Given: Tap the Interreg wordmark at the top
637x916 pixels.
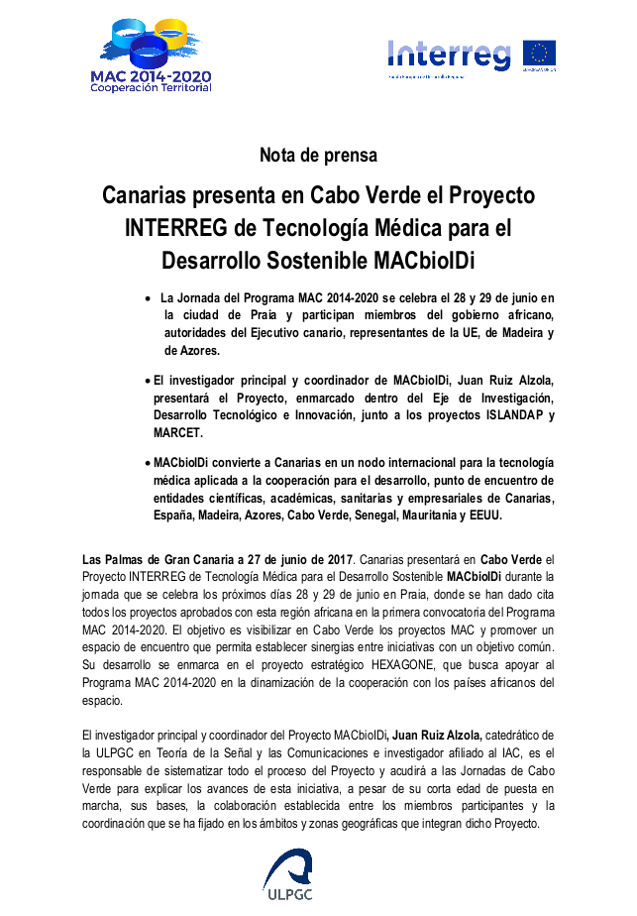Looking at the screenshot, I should (449, 54).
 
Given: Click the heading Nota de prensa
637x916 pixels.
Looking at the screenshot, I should (318, 155).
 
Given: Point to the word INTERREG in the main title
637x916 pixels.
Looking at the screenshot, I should (175, 227).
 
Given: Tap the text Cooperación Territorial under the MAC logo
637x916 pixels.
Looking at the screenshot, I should (151, 89).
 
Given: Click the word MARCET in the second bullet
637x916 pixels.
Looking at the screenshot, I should (178, 433).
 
